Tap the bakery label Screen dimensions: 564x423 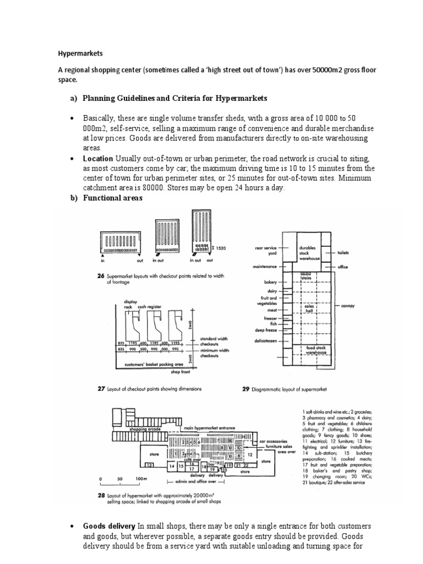tap(272, 282)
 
